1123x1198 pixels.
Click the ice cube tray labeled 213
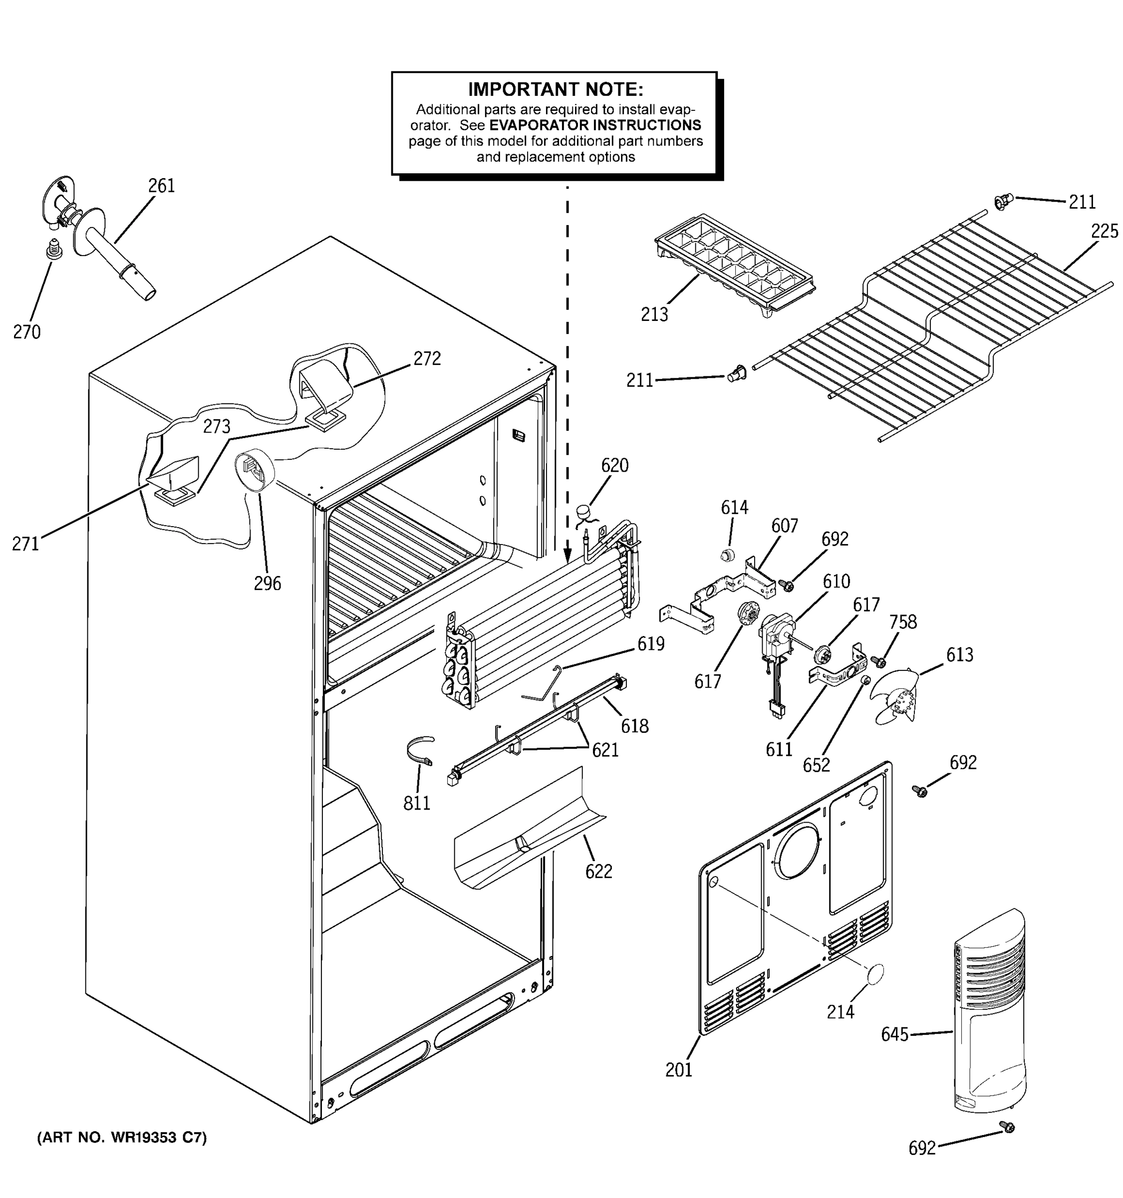tap(734, 265)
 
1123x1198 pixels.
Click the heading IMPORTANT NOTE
tap(555, 90)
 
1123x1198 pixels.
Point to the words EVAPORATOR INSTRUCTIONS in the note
tap(594, 125)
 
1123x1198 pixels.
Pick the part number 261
tap(161, 186)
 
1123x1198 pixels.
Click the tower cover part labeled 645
tap(989, 1018)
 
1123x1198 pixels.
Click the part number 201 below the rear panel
tap(678, 1070)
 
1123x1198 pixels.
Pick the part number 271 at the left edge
tap(25, 544)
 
